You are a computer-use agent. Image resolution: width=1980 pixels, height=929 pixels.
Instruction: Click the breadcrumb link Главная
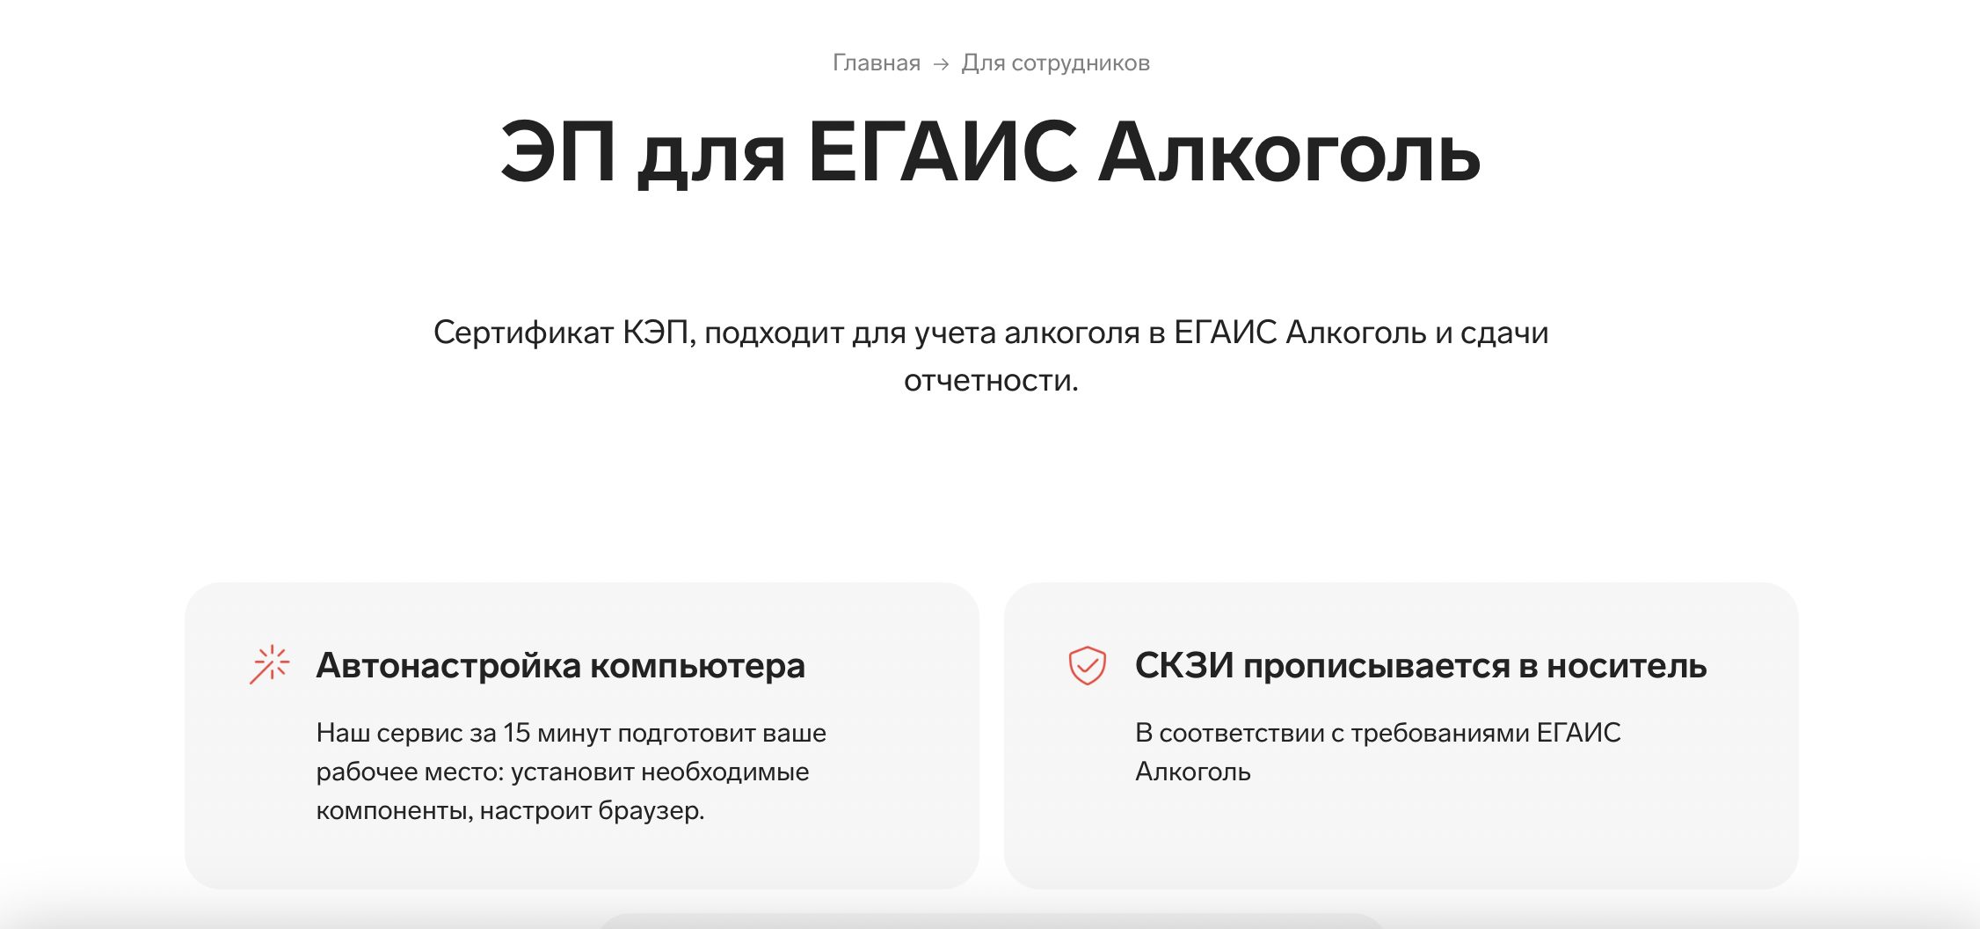[876, 63]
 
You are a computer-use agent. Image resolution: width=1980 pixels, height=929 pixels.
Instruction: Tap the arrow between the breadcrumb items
[941, 64]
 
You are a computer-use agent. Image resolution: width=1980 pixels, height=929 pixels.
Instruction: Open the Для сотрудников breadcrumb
[1055, 63]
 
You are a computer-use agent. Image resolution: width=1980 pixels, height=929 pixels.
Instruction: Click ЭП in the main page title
[557, 152]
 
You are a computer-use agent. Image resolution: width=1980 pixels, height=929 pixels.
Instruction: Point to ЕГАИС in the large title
[942, 152]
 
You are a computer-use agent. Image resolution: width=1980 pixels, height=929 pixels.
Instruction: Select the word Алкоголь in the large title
[1289, 154]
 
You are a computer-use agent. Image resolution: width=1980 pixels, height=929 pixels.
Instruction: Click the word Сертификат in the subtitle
[523, 333]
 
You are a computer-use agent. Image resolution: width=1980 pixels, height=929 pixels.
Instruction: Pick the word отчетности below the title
[990, 380]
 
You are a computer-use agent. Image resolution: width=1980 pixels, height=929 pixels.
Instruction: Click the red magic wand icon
[269, 665]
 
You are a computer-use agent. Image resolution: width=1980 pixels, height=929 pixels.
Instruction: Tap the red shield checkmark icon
[1087, 665]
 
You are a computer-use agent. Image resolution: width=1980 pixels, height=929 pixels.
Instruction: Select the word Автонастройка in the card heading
[448, 666]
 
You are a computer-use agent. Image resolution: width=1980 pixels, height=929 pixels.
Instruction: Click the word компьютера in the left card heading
[697, 666]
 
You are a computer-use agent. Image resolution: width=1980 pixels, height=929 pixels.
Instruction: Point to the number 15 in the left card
[517, 733]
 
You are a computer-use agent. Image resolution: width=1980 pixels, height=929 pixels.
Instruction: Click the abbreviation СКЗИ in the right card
[1184, 666]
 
